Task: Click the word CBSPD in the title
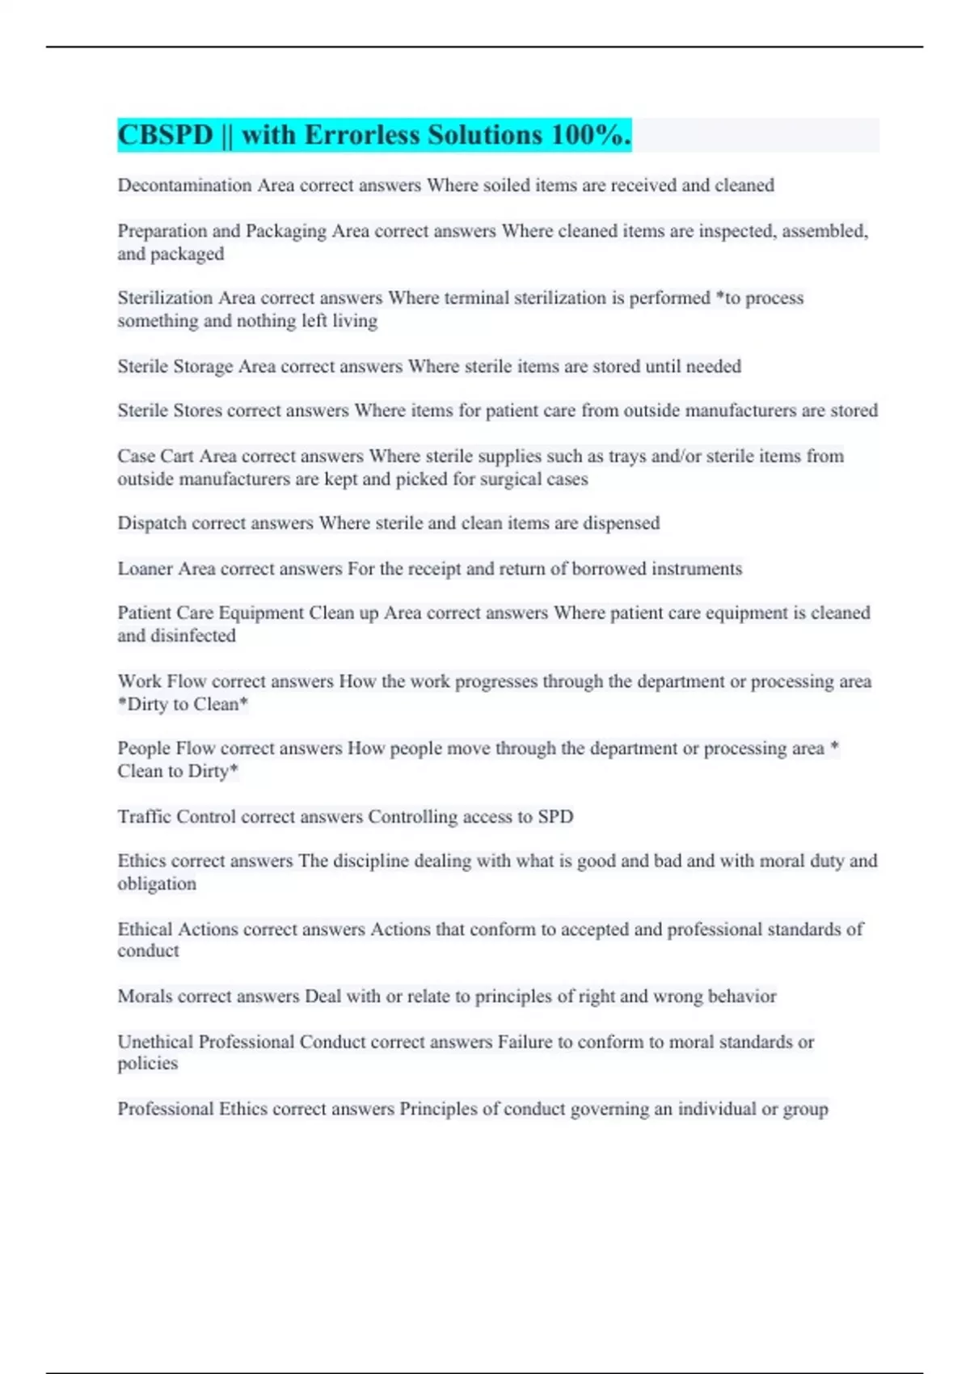tap(166, 135)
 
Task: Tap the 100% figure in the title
tap(590, 135)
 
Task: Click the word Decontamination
tap(184, 185)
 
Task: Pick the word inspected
tap(736, 231)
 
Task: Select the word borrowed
tap(609, 568)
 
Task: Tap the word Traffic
tap(144, 816)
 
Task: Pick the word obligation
tap(156, 883)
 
